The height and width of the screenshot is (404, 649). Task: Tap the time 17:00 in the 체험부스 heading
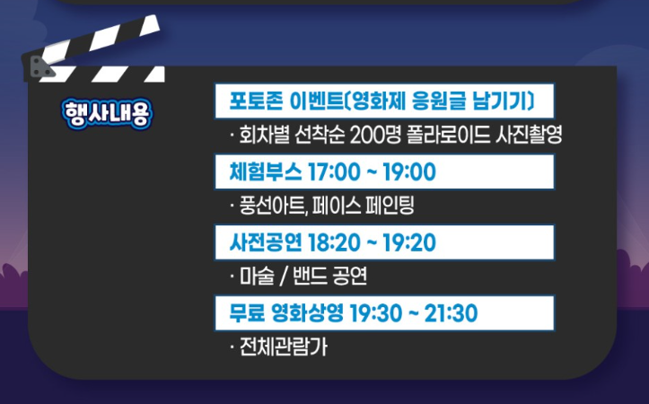click(x=333, y=171)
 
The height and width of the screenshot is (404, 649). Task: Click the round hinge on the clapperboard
click(x=37, y=66)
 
